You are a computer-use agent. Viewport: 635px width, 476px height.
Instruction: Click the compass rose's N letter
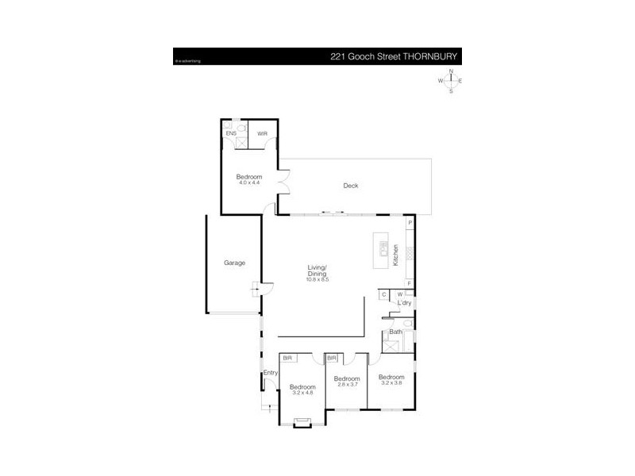451,71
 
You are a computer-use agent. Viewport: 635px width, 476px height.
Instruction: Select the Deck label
350,186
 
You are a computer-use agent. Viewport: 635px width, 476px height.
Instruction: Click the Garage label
233,263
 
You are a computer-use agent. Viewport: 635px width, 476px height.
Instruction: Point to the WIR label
262,133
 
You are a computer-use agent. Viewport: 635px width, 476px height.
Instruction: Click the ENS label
230,133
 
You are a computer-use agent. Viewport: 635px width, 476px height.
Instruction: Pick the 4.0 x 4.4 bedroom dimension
248,182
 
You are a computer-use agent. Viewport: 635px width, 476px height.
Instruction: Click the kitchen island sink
381,246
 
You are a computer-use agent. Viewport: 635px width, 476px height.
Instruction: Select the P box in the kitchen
410,224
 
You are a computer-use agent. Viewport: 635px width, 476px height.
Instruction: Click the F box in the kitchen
410,283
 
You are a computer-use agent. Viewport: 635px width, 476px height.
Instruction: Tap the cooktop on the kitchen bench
410,253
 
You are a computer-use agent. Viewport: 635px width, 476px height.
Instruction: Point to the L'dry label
404,303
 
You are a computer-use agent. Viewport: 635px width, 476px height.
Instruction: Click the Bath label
394,332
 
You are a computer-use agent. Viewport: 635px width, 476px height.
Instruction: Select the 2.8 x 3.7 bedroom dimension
347,385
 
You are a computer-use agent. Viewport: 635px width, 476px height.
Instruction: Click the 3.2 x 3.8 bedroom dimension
391,382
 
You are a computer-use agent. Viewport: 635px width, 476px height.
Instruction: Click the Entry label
270,373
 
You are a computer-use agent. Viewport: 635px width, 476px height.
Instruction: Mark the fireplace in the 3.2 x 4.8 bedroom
302,422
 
